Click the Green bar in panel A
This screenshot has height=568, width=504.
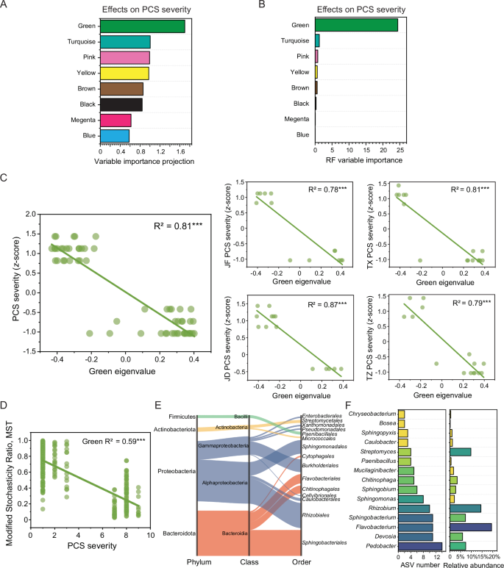pyautogui.click(x=142, y=26)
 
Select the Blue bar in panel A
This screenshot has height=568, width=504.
pyautogui.click(x=115, y=135)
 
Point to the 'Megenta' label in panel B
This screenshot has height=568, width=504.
pyautogui.click(x=297, y=119)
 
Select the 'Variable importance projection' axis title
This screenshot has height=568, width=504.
pyautogui.click(x=143, y=161)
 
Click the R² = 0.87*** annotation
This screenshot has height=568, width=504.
pyautogui.click(x=326, y=303)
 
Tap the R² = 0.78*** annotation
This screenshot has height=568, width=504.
pyautogui.click(x=326, y=190)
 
